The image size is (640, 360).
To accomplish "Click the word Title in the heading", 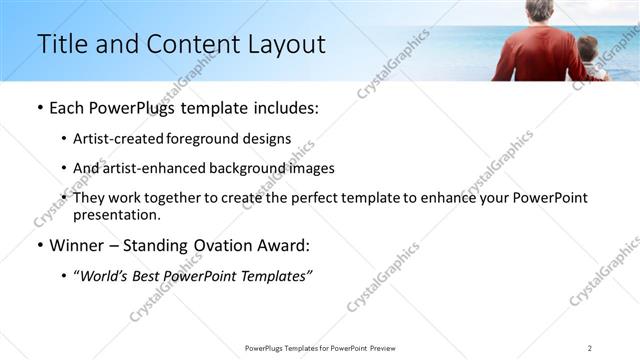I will pyautogui.click(x=60, y=45).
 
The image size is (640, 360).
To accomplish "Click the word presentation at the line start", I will pyautogui.click(x=116, y=214).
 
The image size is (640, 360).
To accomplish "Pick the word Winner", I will pyautogui.click(x=76, y=246).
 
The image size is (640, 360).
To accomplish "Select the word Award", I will pyautogui.click(x=287, y=246).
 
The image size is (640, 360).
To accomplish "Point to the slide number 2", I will pyautogui.click(x=590, y=347).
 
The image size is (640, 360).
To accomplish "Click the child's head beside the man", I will pyautogui.click(x=588, y=47).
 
